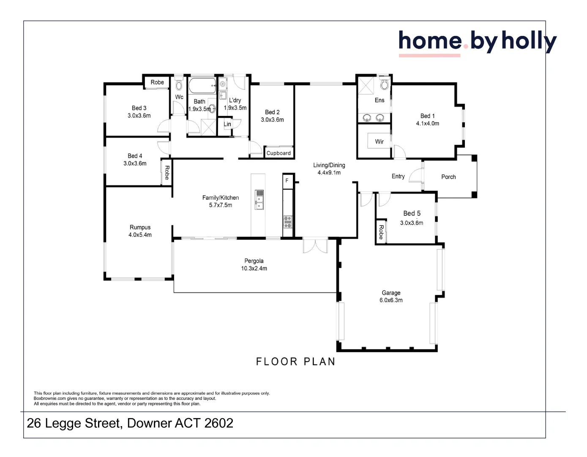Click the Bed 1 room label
(x=427, y=116)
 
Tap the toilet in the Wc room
(x=179, y=85)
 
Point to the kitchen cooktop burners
(x=288, y=222)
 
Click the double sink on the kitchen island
(x=259, y=200)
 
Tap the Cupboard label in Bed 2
(x=278, y=153)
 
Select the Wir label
(x=379, y=141)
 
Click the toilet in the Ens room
(x=385, y=84)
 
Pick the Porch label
(x=448, y=177)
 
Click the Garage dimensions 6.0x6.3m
(x=391, y=300)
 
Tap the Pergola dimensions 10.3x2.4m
(x=254, y=268)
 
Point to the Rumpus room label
(x=140, y=227)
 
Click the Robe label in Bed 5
(x=381, y=232)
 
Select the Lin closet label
(x=227, y=124)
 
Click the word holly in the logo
(x=529, y=41)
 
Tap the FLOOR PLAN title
(x=295, y=361)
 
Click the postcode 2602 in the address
(x=218, y=423)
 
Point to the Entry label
(x=398, y=176)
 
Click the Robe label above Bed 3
(x=157, y=82)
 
